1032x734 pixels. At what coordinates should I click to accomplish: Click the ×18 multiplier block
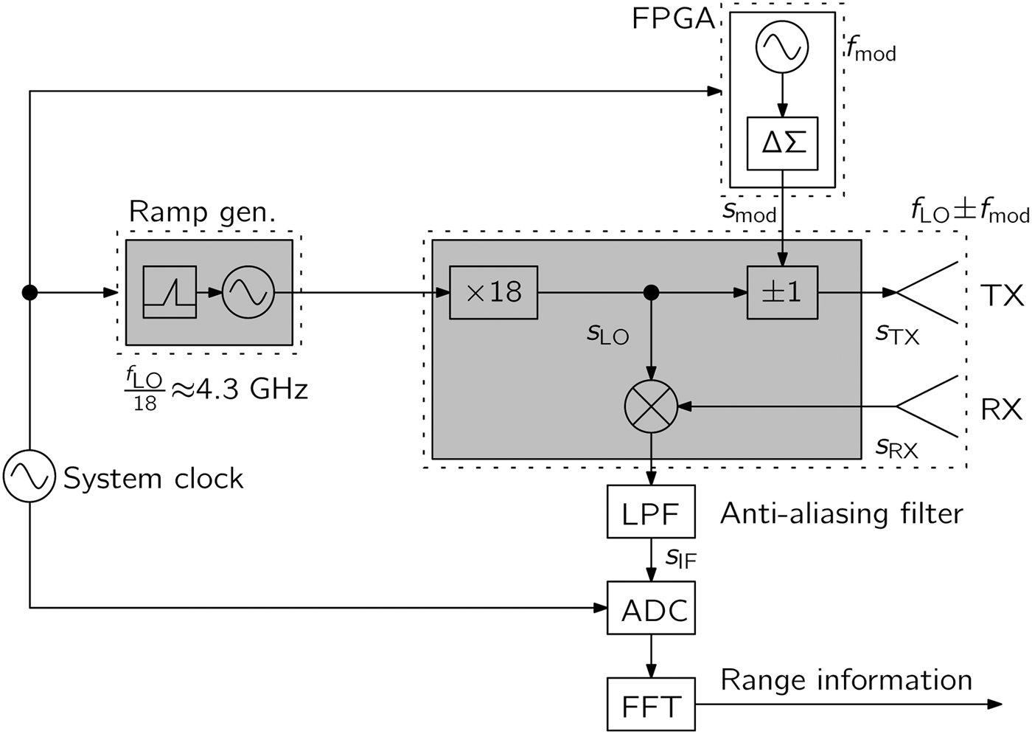click(x=493, y=293)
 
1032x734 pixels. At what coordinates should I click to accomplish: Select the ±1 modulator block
click(x=782, y=293)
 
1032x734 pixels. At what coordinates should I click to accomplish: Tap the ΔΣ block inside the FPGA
click(x=782, y=143)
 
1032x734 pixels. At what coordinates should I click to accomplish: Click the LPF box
click(x=650, y=512)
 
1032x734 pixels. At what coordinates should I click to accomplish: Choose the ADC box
click(x=651, y=608)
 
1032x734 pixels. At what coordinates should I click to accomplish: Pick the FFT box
click(x=650, y=705)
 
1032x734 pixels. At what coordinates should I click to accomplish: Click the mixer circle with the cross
click(x=651, y=406)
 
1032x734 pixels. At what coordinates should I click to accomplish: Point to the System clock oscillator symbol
click(x=29, y=477)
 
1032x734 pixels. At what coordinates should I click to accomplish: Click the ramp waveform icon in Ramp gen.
click(x=170, y=293)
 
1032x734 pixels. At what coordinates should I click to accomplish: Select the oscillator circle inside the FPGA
click(x=782, y=46)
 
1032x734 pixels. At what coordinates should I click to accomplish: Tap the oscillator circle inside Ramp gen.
click(x=248, y=293)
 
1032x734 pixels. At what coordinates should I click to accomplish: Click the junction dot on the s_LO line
click(x=651, y=293)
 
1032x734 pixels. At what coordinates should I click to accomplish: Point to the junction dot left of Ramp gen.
click(x=29, y=293)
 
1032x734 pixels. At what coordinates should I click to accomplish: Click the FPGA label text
click(x=673, y=19)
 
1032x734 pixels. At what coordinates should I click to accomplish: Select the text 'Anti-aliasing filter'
click(x=841, y=513)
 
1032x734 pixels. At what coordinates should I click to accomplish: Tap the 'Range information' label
click(x=846, y=680)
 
